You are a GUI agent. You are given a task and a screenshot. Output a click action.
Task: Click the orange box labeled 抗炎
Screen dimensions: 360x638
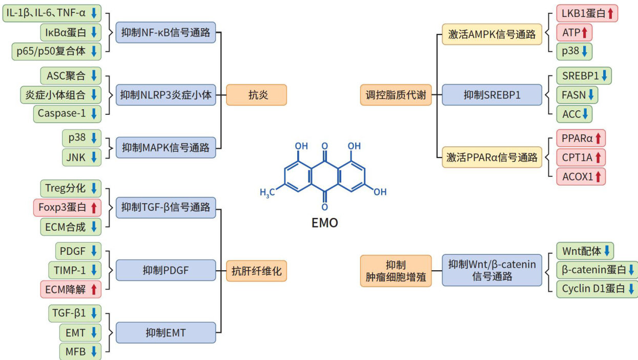pos(256,95)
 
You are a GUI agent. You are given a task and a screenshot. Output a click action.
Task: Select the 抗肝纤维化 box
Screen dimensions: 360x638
pos(256,270)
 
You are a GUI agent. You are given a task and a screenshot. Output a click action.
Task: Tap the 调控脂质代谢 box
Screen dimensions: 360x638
pos(396,95)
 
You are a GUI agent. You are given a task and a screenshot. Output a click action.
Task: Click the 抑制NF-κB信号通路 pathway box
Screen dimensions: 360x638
pos(166,33)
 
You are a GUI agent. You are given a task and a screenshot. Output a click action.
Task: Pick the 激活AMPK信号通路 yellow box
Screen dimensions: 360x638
pos(491,34)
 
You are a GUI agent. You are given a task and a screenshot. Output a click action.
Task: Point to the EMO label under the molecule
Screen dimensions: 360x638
pos(325,223)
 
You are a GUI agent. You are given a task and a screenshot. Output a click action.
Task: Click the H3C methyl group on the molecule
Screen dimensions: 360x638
pos(267,193)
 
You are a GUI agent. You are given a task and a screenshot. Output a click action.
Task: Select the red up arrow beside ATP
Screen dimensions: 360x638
pos(584,33)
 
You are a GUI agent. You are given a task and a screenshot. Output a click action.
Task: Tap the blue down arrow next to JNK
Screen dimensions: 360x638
pos(93,156)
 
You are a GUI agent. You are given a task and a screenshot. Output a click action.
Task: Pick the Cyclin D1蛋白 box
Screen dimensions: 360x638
pos(597,288)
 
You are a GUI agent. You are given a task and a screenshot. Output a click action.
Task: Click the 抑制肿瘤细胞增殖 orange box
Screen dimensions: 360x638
pos(396,270)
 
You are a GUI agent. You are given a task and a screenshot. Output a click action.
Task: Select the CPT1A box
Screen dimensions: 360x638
pos(581,157)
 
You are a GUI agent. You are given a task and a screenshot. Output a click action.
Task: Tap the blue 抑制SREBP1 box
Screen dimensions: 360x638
pos(491,95)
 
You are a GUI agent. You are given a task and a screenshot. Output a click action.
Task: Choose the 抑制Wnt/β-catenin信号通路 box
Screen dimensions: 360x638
pos(491,270)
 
